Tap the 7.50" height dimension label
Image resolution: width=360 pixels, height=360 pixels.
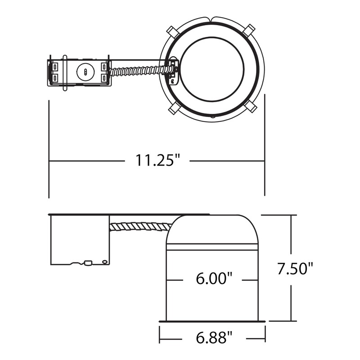(x=295, y=269)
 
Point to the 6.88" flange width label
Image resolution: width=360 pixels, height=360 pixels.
(x=213, y=336)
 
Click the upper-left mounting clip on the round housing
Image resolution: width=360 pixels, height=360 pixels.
(x=172, y=32)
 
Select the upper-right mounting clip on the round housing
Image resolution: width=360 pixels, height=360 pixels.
(x=248, y=31)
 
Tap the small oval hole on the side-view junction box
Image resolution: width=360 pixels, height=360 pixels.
(x=105, y=261)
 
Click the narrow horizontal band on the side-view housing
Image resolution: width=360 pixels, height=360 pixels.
(x=212, y=247)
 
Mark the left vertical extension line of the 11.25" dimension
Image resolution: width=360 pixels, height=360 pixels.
(x=49, y=148)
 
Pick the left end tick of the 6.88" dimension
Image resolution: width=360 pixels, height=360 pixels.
(x=159, y=334)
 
